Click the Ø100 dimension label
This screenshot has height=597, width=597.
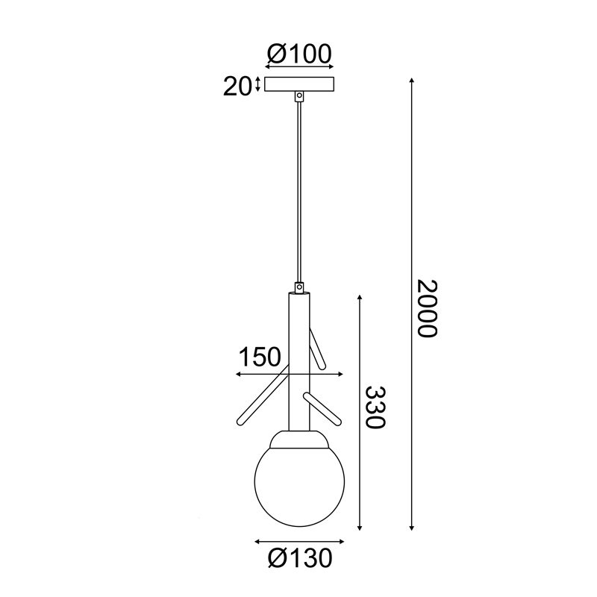299,54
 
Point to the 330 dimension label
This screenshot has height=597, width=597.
376,407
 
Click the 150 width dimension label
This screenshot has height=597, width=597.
260,357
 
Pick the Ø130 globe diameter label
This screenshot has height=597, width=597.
300,559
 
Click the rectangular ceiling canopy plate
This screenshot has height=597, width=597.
299,84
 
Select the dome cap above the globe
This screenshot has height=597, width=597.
299,439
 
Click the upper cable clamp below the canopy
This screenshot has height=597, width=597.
300,96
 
